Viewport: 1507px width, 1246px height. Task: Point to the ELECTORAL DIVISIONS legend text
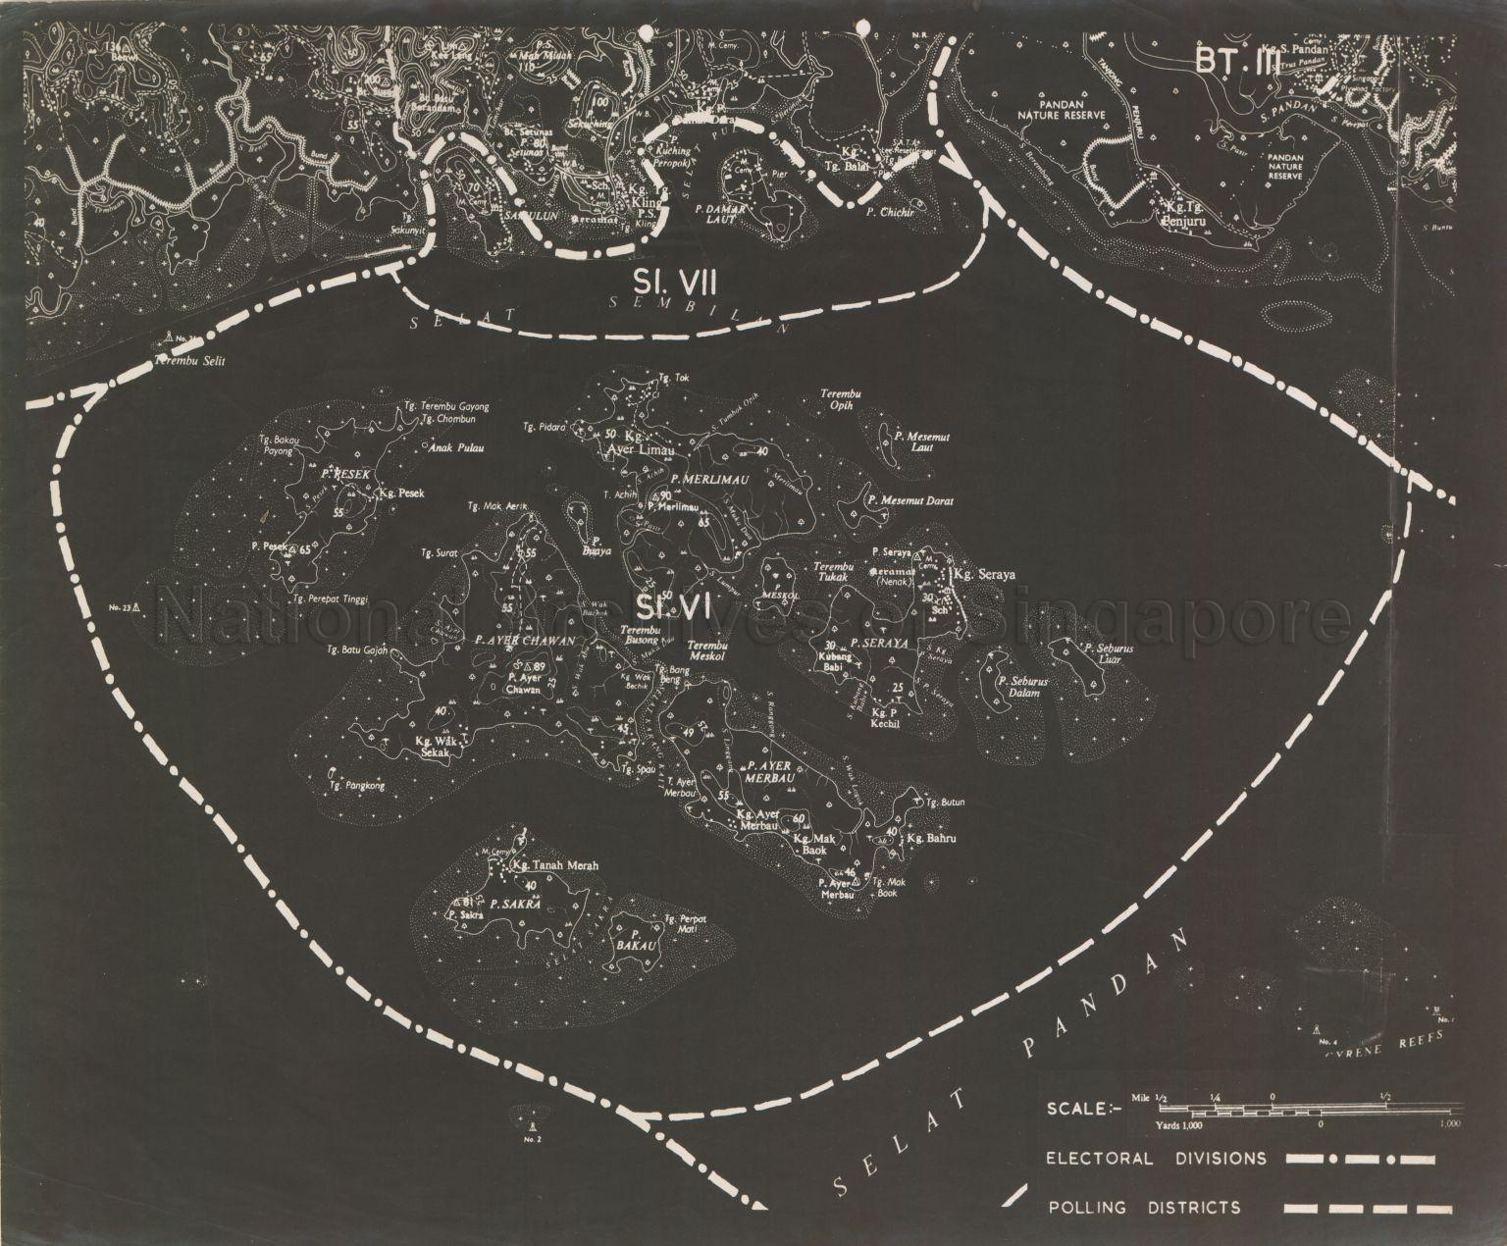[1155, 1159]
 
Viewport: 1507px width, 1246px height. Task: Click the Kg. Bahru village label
[930, 840]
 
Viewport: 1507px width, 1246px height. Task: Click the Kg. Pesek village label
[400, 493]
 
